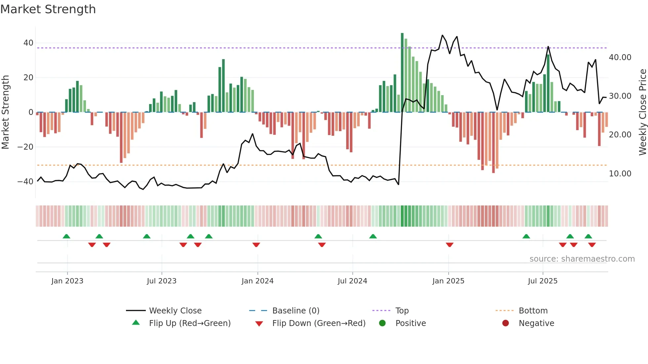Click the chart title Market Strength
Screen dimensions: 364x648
point(48,9)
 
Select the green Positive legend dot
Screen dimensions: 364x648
point(382,323)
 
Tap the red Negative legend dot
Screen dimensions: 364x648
point(506,323)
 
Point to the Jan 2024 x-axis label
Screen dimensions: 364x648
point(258,281)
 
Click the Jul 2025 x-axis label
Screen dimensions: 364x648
point(543,281)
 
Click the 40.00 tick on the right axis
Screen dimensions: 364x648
point(620,57)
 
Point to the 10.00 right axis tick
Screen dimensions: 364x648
point(620,174)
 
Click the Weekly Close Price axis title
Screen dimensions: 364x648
point(642,112)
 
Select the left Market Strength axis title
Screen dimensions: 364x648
point(5,112)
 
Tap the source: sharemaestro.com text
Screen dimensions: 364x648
point(582,259)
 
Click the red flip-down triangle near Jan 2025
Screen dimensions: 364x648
point(449,245)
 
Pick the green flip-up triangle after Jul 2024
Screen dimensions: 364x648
point(373,236)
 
